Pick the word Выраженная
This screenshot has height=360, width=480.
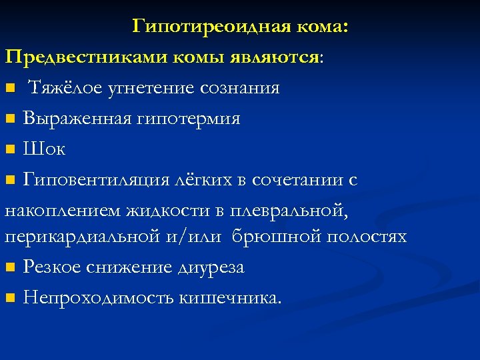(73, 119)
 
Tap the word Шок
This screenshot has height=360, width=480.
(44, 149)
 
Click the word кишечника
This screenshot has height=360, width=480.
(231, 298)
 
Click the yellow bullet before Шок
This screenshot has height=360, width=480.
(11, 149)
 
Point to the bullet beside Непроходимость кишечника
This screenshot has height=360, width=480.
(11, 299)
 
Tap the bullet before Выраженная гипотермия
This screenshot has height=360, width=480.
(11, 119)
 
